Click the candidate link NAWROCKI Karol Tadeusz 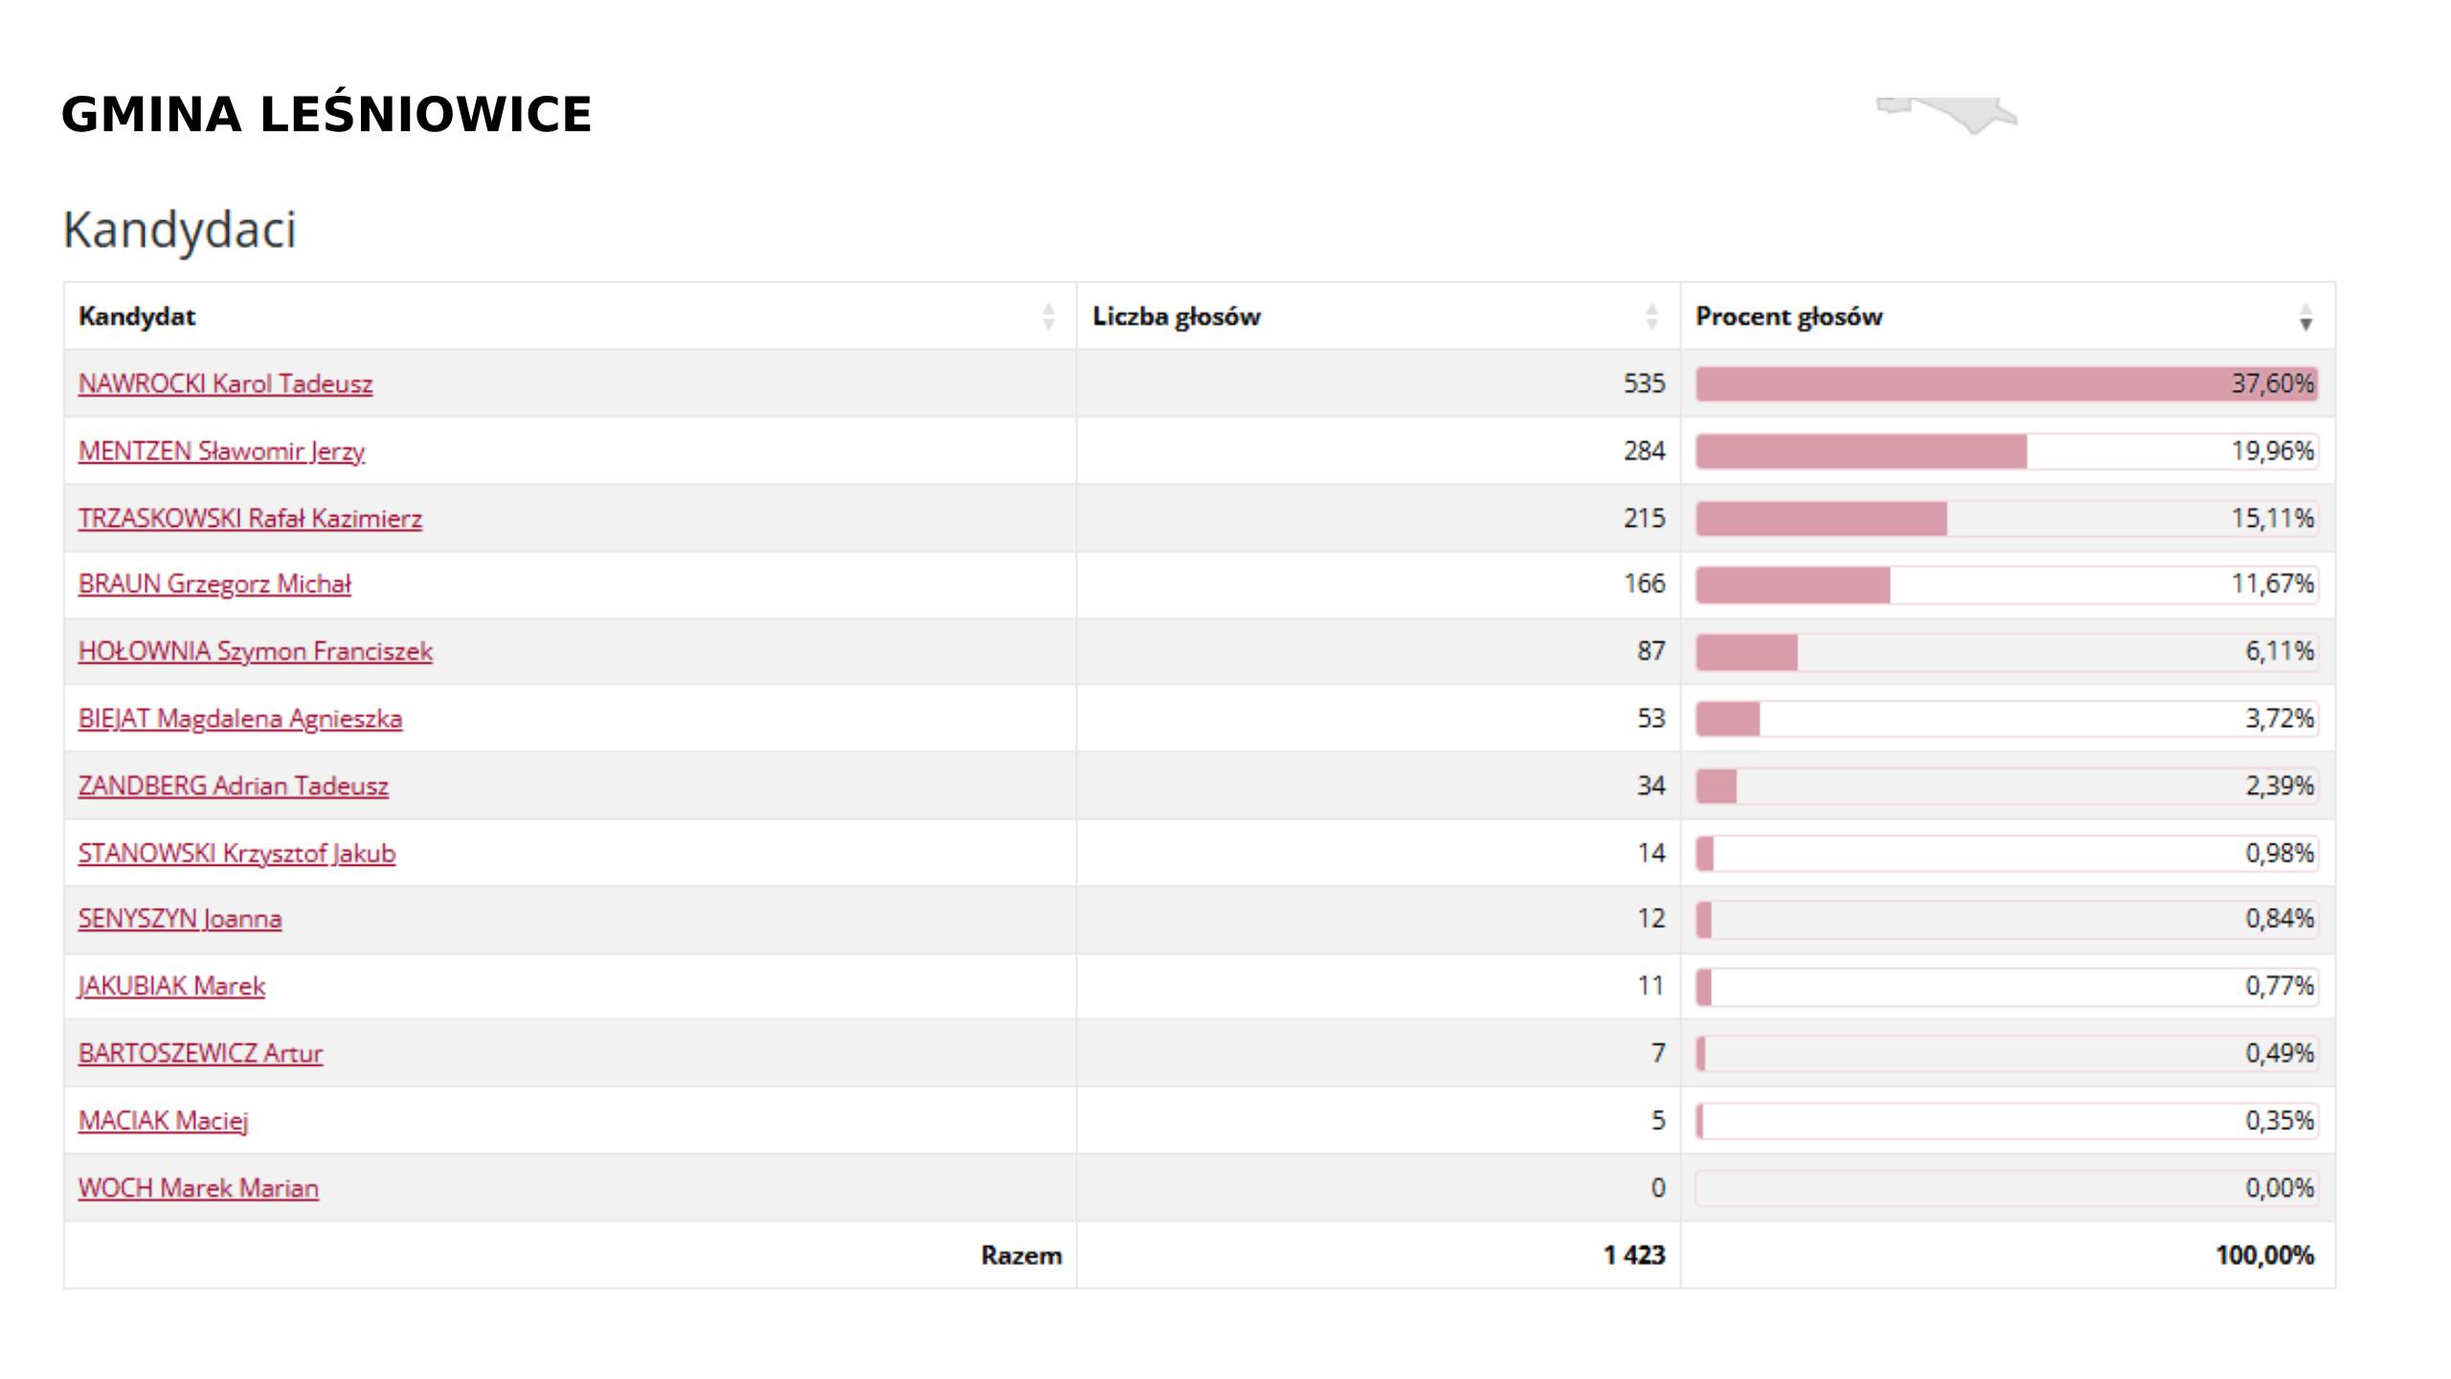225,384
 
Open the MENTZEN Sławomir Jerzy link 221,451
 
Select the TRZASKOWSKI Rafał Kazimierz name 250,518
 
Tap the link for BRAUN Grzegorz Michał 214,584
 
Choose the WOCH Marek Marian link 198,1188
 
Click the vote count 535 1644,384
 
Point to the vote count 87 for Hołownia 1651,651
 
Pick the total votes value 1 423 1634,1255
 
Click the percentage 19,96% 2272,451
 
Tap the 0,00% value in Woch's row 2279,1188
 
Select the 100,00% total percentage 2264,1255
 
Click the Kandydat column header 137,317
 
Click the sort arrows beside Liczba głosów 1652,317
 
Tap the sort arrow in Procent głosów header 2305,318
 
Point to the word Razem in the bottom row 1021,1255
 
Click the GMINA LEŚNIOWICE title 326,115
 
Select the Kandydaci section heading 180,230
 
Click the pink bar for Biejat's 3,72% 1728,719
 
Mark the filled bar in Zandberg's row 1717,786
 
